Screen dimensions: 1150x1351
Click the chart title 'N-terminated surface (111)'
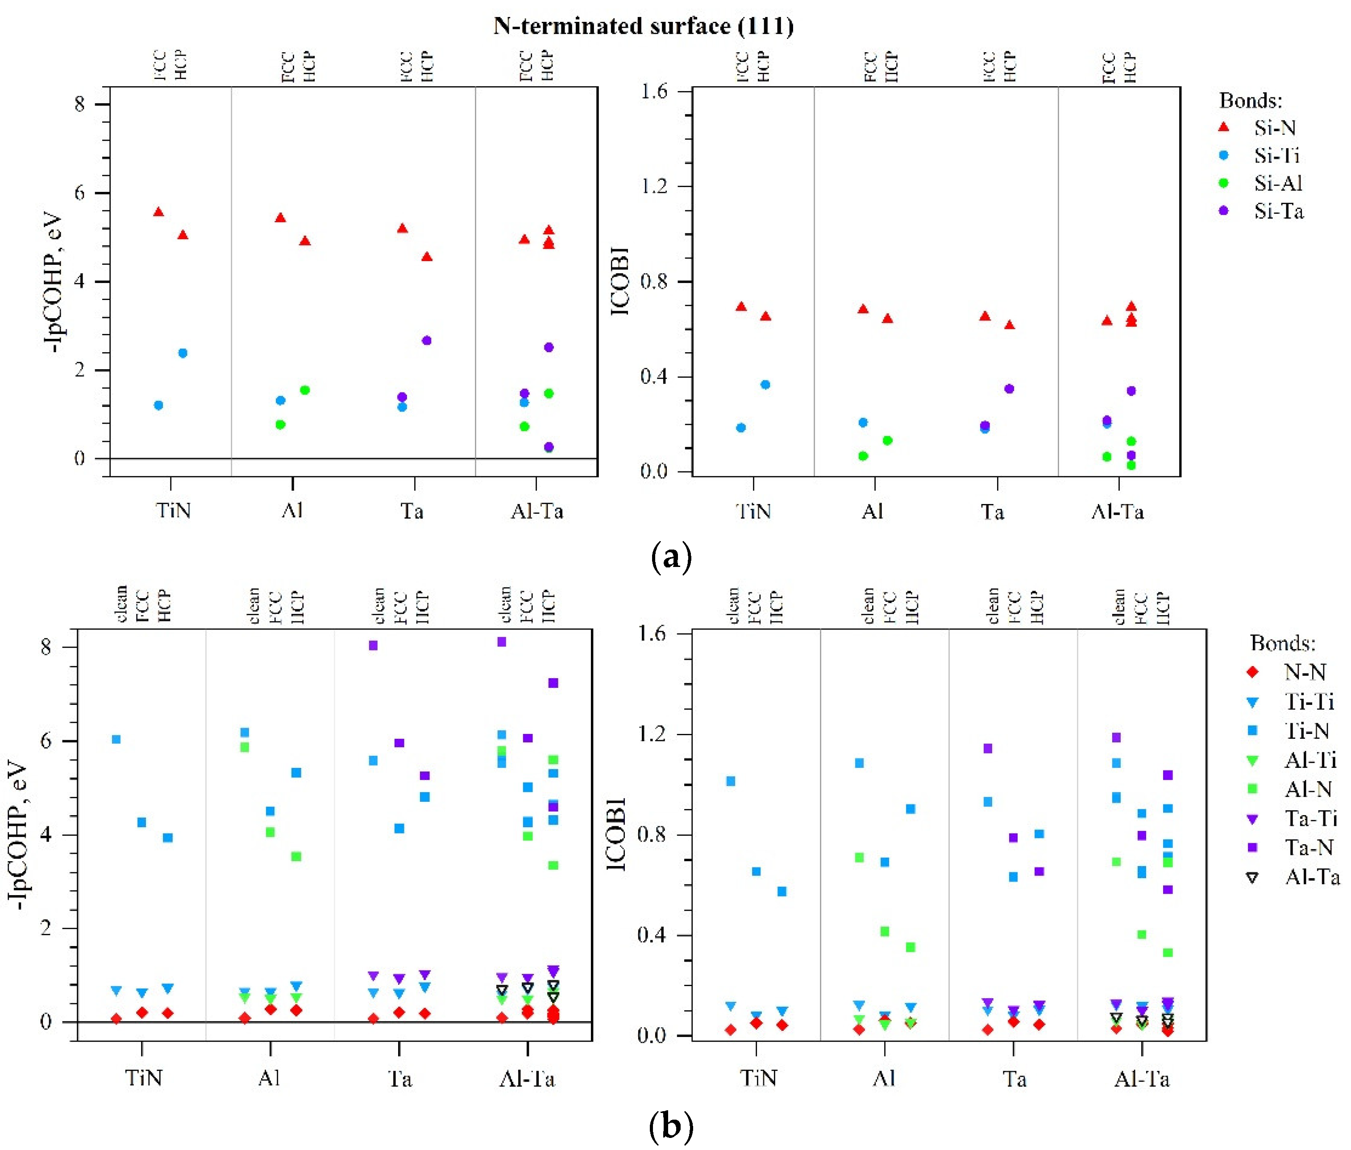(643, 26)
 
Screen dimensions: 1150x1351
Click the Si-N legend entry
(1274, 128)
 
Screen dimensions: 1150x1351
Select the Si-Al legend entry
(1277, 183)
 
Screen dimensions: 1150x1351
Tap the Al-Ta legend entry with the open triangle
(1311, 877)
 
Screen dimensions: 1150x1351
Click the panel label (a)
(671, 558)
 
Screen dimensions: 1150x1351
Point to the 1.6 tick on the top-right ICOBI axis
(654, 91)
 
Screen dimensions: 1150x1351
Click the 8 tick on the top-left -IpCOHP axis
(79, 104)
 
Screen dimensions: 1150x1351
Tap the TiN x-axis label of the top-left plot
(173, 510)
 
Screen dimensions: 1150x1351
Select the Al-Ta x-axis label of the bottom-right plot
(1141, 1079)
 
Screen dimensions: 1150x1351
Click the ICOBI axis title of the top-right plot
(620, 281)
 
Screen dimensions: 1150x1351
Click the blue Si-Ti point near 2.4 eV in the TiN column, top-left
(183, 353)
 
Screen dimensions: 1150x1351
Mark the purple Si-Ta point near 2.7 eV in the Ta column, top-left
(427, 340)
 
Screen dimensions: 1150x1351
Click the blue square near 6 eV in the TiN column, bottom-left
(116, 739)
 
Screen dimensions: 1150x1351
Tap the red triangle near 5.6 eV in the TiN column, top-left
(158, 212)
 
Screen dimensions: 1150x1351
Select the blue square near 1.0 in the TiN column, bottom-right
(731, 781)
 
